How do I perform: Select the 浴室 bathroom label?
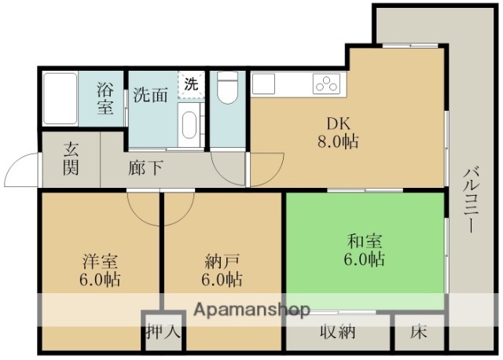pos(106,97)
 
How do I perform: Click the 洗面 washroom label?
pos(151,96)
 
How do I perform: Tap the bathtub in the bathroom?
pos(59,99)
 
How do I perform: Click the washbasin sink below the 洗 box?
pos(189,124)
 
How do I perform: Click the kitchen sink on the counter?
pos(263,83)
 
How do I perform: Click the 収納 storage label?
pos(338,332)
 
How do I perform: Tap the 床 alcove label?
pos(419,332)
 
